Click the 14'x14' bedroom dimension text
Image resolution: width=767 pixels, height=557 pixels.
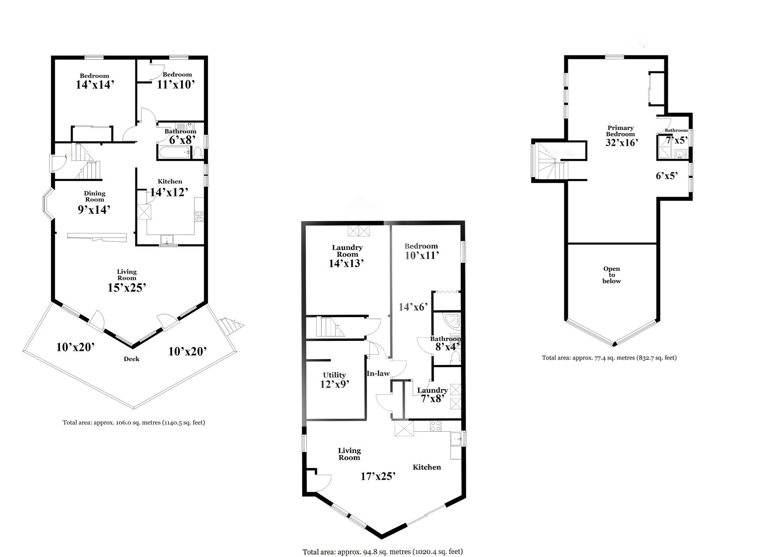click(95, 85)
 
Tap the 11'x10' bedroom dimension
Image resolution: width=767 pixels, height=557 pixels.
click(176, 84)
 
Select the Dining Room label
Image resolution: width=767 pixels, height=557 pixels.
click(94, 196)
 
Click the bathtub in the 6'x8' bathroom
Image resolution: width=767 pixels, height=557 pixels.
click(175, 153)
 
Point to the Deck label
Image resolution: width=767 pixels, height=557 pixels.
click(131, 359)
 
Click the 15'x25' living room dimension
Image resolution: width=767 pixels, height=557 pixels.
click(127, 288)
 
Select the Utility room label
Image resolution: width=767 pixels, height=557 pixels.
click(334, 375)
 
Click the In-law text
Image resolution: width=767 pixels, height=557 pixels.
click(378, 373)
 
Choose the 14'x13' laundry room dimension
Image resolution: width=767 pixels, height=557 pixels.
click(346, 264)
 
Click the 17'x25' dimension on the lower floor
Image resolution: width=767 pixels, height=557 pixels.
click(378, 476)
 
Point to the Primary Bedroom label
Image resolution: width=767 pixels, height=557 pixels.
click(621, 131)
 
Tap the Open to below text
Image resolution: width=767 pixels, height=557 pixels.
click(611, 275)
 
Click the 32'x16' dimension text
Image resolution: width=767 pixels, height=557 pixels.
click(622, 142)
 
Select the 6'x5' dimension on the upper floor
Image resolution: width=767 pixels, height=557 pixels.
click(667, 176)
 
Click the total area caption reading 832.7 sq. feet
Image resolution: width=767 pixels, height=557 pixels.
click(609, 358)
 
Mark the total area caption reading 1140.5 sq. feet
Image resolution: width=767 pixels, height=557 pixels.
click(134, 422)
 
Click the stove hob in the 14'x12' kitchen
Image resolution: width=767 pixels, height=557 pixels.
click(199, 216)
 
